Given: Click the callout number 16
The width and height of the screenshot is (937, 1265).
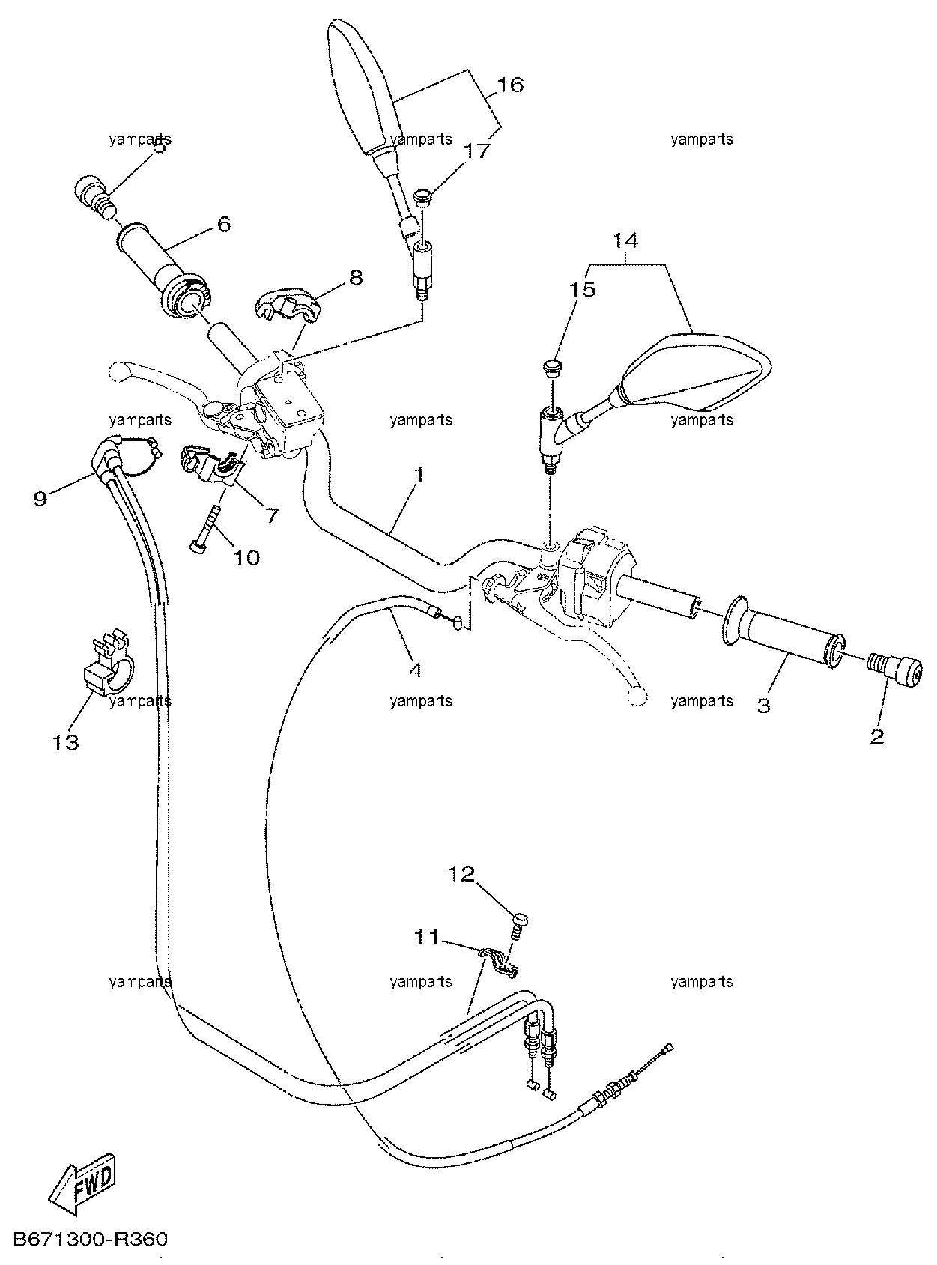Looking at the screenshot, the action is click(510, 85).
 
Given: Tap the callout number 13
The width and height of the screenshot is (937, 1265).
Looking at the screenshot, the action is click(65, 742).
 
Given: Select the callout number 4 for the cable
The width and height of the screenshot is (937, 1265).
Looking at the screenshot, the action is click(417, 670).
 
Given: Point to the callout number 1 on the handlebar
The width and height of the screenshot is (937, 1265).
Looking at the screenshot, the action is click(419, 475).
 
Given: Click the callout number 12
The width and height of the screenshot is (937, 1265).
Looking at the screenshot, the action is click(461, 873).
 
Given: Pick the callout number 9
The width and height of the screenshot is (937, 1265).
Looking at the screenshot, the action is click(40, 499).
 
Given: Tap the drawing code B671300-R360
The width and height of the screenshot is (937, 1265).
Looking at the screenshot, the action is click(90, 1240).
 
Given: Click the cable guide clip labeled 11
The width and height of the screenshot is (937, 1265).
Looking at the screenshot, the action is click(499, 963).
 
